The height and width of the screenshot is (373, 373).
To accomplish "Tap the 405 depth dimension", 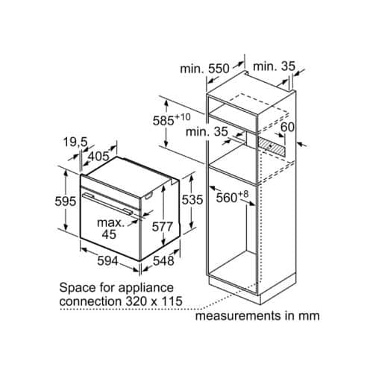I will tap(98, 157).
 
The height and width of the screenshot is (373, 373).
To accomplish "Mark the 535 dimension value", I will tap(192, 199).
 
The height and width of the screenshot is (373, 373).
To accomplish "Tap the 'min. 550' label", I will tap(205, 68).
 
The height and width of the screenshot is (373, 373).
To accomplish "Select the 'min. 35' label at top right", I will tap(274, 66).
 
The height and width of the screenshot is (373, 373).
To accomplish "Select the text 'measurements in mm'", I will tap(257, 316).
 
